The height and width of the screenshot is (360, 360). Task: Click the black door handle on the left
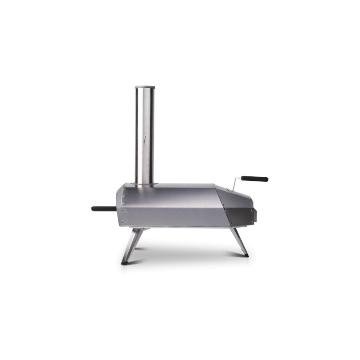(103, 208)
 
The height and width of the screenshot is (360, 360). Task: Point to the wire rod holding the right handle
(234, 184)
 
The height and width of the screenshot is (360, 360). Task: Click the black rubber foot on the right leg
(246, 255)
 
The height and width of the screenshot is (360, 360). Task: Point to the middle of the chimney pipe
(144, 135)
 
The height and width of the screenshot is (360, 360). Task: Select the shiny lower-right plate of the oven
(239, 217)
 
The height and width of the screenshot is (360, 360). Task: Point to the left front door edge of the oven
(120, 207)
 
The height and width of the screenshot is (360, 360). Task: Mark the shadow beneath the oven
(184, 252)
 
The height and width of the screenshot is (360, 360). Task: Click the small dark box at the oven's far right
(255, 211)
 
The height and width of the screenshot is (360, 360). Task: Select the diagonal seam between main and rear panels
(222, 207)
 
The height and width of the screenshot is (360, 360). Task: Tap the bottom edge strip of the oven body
(175, 226)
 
